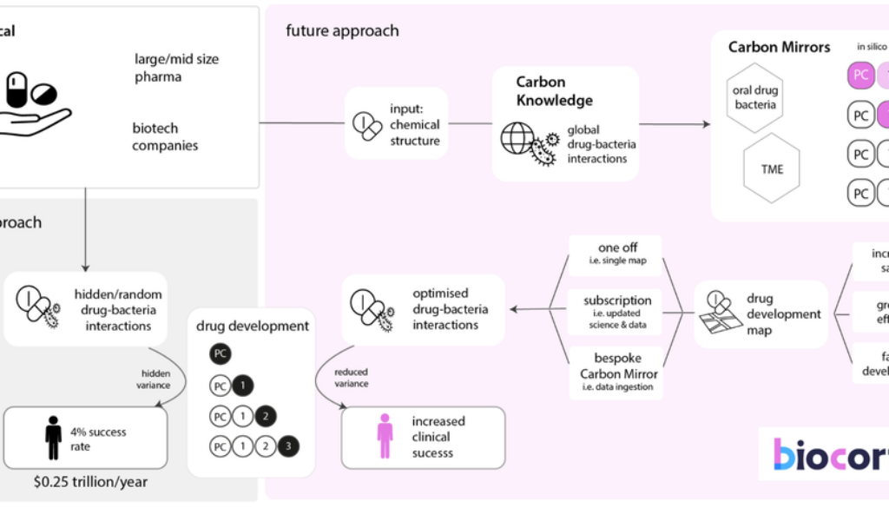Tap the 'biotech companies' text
click(165, 137)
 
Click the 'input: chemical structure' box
click(396, 123)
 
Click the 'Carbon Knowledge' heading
click(554, 91)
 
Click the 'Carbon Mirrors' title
click(779, 47)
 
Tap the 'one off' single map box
click(616, 255)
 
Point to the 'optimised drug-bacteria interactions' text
click(450, 309)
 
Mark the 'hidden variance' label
click(156, 379)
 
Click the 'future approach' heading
click(342, 30)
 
